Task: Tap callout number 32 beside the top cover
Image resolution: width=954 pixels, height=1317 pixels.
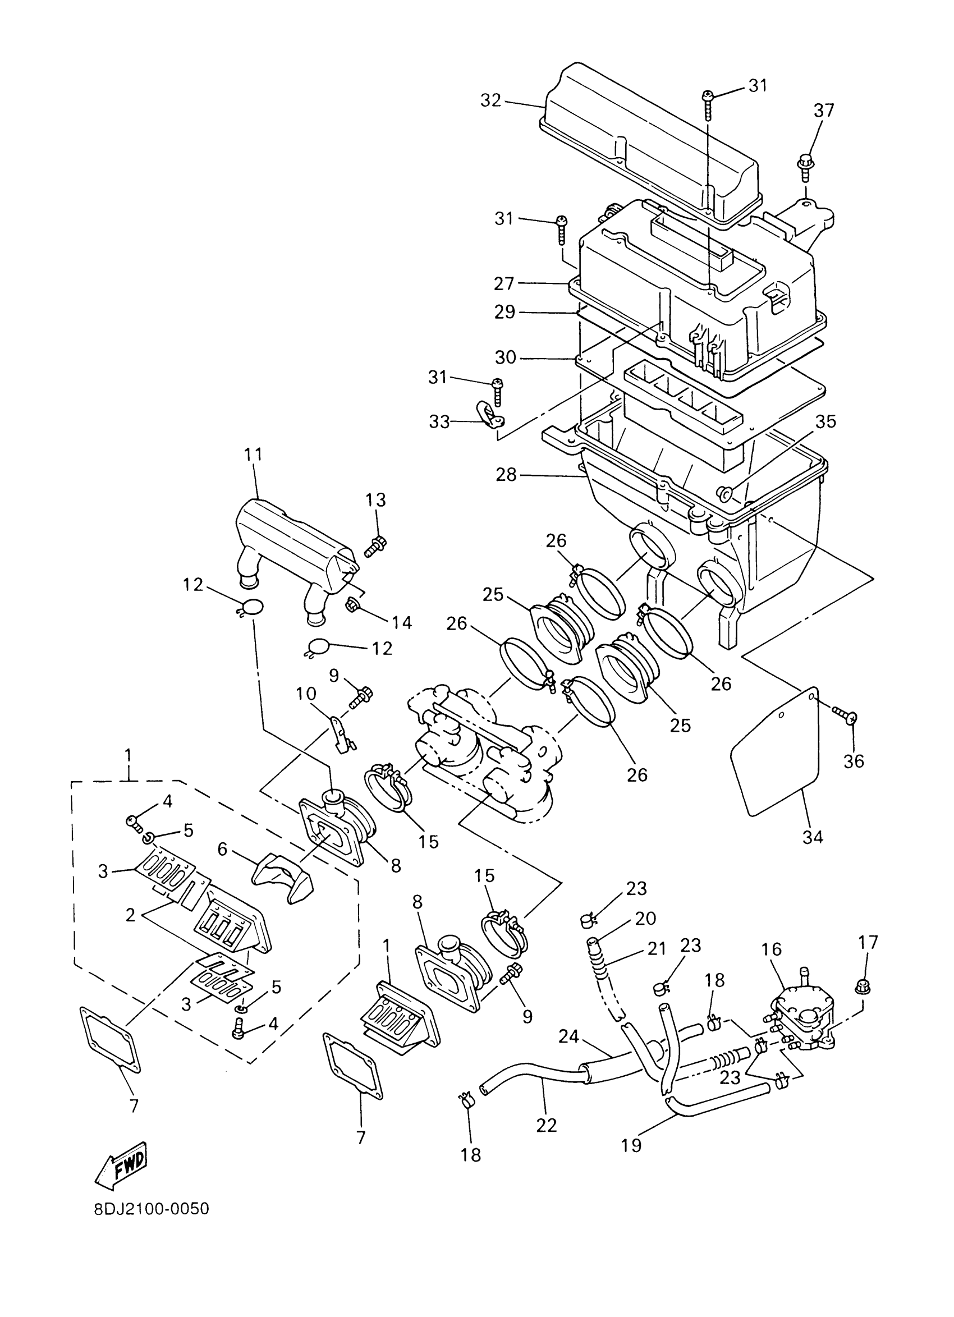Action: [x=490, y=100]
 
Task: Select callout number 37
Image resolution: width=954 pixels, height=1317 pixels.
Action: [x=823, y=111]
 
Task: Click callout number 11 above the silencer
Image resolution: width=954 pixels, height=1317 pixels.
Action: [x=253, y=453]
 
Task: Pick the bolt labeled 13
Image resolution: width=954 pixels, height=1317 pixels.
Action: [x=376, y=545]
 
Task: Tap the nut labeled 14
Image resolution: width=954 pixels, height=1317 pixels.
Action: [x=352, y=606]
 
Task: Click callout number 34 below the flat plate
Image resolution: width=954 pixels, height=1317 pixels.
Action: [x=813, y=837]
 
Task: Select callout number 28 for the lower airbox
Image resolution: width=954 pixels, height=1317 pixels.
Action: [x=506, y=475]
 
